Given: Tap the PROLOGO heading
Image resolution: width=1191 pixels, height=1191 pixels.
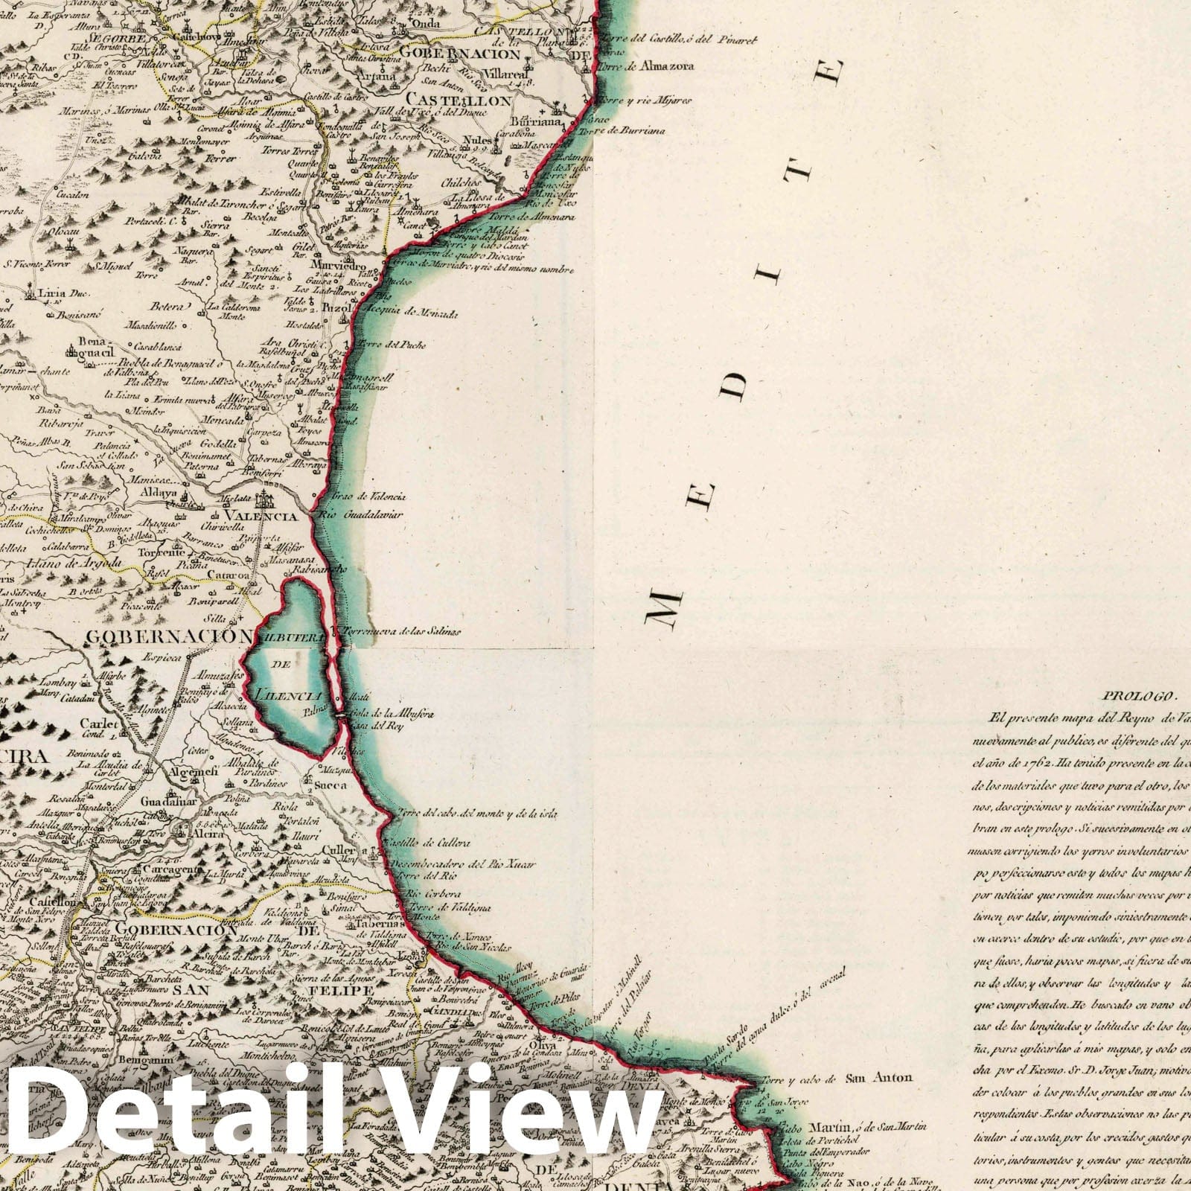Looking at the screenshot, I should click(x=1137, y=697).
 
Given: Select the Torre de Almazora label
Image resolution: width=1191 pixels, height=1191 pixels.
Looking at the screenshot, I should click(x=654, y=66).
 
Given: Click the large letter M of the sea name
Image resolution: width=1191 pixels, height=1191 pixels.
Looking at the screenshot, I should click(x=662, y=602).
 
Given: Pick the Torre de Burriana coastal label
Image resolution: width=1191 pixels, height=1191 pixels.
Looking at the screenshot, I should click(x=628, y=131).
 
